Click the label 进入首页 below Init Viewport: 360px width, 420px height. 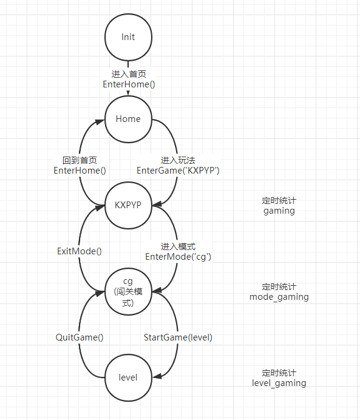coord(129,74)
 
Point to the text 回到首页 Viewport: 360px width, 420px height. coord(80,160)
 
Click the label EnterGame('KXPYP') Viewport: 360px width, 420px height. coord(178,171)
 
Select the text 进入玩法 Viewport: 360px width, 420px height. coord(178,160)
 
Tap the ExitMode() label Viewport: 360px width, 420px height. coord(80,251)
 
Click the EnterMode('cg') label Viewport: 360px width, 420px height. coord(178,257)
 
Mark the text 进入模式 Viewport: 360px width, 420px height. coord(178,246)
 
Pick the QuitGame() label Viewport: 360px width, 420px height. coord(80,337)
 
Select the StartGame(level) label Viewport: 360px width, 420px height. coord(178,337)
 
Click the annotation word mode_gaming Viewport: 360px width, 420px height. coord(279,297)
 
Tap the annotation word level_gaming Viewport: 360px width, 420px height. coord(279,384)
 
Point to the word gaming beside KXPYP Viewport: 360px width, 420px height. coord(279,211)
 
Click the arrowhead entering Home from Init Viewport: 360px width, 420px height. coord(128,93)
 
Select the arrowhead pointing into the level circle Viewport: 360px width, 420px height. coord(157,376)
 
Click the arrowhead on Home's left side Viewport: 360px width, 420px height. coord(100,122)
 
